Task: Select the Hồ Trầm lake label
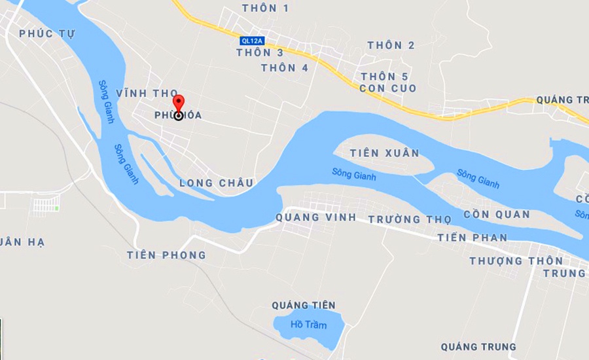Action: [x=308, y=325]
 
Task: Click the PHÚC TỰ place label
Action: [x=47, y=33]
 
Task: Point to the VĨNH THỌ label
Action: [x=147, y=94]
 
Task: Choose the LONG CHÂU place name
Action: [x=216, y=183]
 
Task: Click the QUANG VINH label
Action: [x=315, y=217]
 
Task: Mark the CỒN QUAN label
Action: [x=497, y=215]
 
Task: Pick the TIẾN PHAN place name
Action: [x=473, y=238]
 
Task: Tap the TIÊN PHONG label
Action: [x=166, y=255]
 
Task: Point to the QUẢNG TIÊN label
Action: [x=303, y=306]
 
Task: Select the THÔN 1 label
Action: [x=265, y=9]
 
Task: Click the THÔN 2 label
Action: [x=391, y=45]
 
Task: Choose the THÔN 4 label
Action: [x=285, y=67]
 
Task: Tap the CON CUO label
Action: [x=388, y=88]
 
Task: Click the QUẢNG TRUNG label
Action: [x=478, y=347]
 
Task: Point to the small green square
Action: [x=57, y=208]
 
